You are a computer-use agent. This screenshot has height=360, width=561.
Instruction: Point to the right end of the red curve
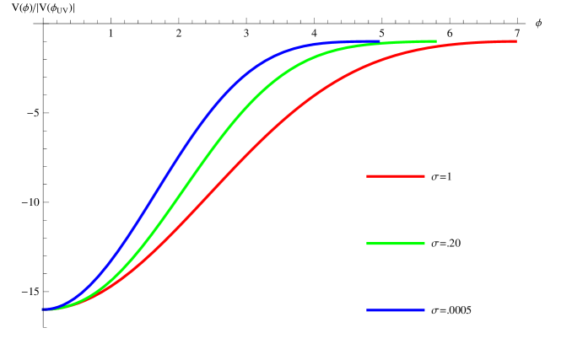(515, 41)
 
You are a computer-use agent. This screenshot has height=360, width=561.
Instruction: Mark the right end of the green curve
(435, 41)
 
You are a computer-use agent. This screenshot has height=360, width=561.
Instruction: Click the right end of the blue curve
(379, 41)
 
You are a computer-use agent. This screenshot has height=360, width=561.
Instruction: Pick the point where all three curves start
(44, 309)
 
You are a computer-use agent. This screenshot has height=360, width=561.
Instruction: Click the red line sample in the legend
(395, 176)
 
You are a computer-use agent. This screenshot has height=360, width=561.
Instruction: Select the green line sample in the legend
(395, 243)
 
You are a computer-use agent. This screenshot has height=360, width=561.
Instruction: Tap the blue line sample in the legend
(395, 310)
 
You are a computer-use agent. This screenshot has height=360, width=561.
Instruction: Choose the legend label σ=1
(441, 177)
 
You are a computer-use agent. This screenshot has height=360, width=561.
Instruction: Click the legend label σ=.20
(445, 244)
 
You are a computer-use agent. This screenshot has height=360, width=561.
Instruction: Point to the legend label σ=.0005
(451, 310)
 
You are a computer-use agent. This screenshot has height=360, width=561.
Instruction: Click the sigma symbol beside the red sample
(434, 177)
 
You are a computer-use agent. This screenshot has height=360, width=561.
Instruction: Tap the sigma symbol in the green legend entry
(434, 244)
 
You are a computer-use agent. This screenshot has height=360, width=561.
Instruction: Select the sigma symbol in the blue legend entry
(434, 311)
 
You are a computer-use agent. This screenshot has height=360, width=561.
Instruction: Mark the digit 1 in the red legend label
(450, 177)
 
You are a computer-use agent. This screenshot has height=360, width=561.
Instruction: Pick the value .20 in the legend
(453, 244)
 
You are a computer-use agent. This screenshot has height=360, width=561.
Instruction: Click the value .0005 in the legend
(459, 310)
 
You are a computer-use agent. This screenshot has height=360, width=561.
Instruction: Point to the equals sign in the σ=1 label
(442, 177)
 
